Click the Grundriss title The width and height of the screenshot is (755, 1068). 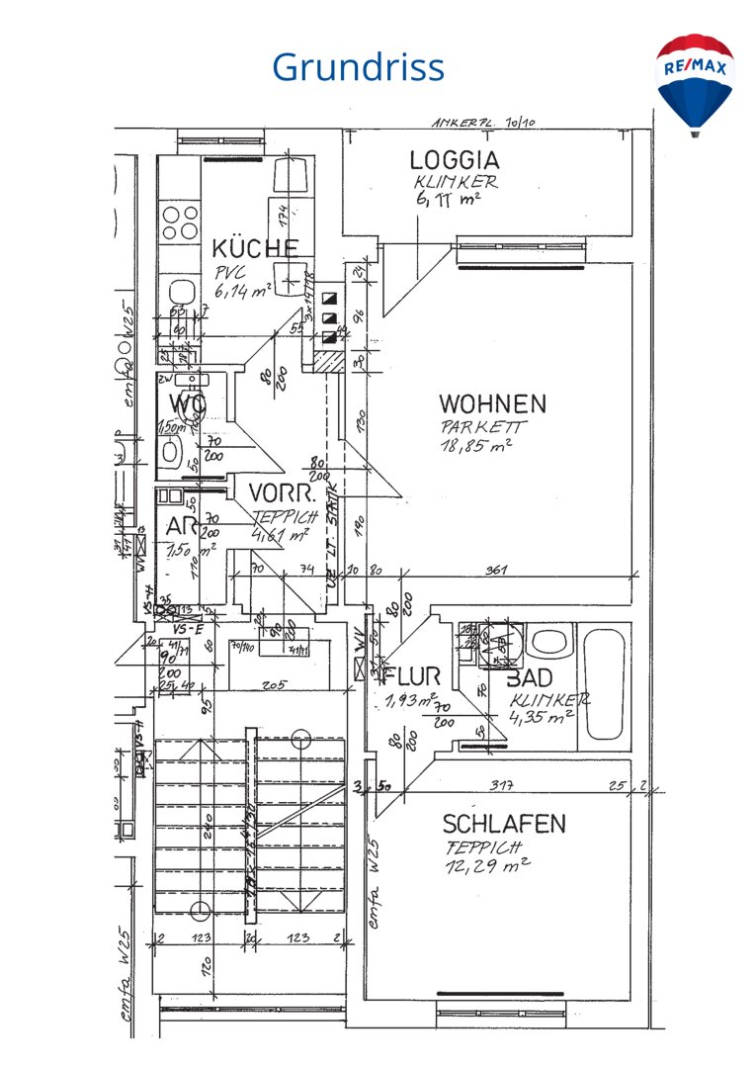click(358, 67)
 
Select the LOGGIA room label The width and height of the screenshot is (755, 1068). click(455, 160)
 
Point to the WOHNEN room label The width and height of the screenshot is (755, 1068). click(493, 403)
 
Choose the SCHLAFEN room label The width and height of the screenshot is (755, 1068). click(504, 824)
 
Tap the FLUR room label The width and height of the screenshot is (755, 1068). click(412, 677)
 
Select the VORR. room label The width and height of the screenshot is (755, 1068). click(282, 493)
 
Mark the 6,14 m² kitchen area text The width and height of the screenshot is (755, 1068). click(243, 291)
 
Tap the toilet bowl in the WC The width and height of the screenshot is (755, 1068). click(171, 452)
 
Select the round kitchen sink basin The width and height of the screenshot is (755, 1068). click(181, 293)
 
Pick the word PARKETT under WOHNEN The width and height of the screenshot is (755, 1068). click(484, 427)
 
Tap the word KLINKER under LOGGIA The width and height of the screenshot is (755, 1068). click(457, 182)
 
